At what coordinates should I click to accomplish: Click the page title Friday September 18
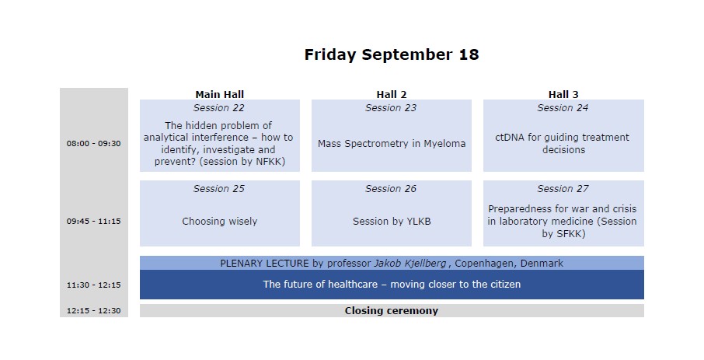392,55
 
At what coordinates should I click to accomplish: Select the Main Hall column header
220,94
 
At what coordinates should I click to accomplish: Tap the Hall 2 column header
392,94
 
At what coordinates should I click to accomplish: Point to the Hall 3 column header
563,94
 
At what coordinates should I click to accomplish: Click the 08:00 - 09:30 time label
94,144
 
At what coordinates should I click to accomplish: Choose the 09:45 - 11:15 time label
94,221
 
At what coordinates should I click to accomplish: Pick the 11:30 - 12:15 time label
94,285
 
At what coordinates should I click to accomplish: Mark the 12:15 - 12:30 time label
94,310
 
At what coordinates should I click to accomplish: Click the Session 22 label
219,108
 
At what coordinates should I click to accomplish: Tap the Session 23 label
391,108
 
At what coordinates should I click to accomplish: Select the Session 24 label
563,108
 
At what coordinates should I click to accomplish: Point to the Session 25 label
219,189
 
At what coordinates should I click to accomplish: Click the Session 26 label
391,189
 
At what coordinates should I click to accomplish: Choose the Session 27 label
563,189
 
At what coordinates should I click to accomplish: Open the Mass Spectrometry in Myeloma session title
392,144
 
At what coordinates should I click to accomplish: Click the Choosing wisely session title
220,221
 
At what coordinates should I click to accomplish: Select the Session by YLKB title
392,221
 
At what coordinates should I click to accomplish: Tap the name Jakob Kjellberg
410,264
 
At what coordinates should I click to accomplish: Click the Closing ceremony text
392,310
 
